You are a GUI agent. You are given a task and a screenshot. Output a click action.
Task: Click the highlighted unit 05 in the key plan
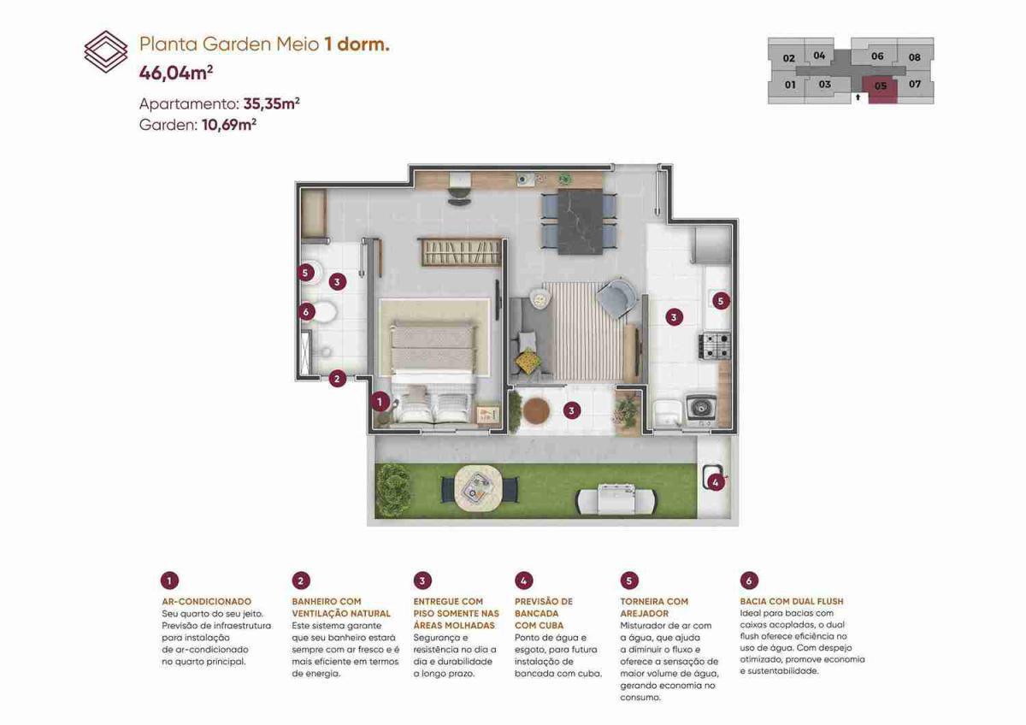[880, 90]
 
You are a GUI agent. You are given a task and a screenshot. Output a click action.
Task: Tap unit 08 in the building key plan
[915, 57]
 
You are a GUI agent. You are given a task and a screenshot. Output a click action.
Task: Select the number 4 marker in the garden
[716, 481]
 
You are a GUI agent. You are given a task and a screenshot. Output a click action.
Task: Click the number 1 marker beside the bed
[380, 402]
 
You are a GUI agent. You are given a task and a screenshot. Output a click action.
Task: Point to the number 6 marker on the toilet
[306, 312]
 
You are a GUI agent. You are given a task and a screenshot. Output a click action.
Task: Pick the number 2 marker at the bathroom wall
[337, 379]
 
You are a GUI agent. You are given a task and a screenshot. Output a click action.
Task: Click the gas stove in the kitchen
[714, 345]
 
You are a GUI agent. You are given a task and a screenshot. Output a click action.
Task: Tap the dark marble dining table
[580, 221]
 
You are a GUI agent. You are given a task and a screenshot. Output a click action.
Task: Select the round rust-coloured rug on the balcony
[536, 410]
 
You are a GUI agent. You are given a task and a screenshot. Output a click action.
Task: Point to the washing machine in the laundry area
[701, 409]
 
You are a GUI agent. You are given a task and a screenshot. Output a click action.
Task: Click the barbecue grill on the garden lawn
[616, 500]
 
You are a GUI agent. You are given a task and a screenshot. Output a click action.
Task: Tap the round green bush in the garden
[393, 490]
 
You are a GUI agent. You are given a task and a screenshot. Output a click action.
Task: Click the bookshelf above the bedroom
[459, 251]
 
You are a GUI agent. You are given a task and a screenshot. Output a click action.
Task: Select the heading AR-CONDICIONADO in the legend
[207, 601]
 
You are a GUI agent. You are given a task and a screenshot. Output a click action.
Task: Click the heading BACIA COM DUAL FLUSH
[792, 601]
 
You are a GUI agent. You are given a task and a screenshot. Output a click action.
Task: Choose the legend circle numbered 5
[629, 581]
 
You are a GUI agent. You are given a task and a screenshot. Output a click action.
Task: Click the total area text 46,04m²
[176, 73]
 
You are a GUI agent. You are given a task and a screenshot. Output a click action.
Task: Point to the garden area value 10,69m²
[229, 124]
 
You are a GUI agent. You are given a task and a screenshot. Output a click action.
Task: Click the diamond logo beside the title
[106, 52]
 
